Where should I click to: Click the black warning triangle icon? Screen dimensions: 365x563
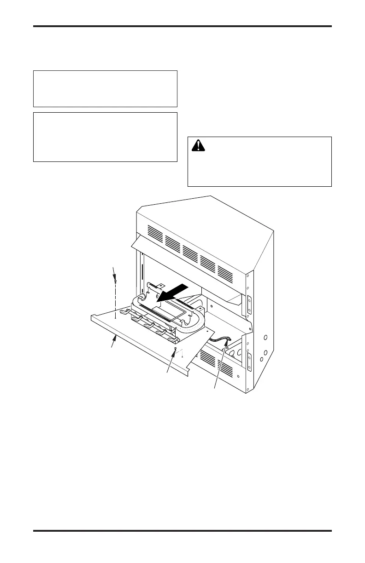point(199,146)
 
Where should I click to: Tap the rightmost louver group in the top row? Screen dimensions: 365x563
point(225,272)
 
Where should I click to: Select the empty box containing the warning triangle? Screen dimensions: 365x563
point(259,161)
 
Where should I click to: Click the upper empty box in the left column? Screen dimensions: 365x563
point(105,89)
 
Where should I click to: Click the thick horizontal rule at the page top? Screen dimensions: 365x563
point(182,26)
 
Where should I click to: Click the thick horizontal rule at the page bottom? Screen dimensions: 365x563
point(182,531)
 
